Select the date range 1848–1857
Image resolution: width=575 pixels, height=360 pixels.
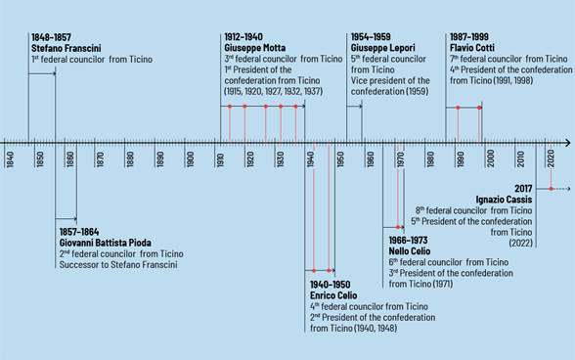coord(50,37)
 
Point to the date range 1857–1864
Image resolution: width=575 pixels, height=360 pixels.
coord(79,232)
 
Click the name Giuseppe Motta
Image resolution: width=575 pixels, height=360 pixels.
coord(256,48)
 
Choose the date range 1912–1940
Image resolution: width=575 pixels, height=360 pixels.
coord(243,37)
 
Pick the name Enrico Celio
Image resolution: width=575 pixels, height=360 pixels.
coord(333,295)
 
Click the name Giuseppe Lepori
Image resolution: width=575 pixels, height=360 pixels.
coord(382,48)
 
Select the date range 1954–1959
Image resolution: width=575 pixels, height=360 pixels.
coord(370,37)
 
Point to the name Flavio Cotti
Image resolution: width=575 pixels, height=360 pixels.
coord(474,48)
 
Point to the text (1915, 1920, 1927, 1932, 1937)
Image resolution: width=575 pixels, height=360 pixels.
coord(274,92)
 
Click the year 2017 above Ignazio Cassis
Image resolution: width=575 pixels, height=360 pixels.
coord(522,189)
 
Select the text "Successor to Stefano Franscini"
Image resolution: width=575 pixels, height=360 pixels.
coord(120,265)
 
